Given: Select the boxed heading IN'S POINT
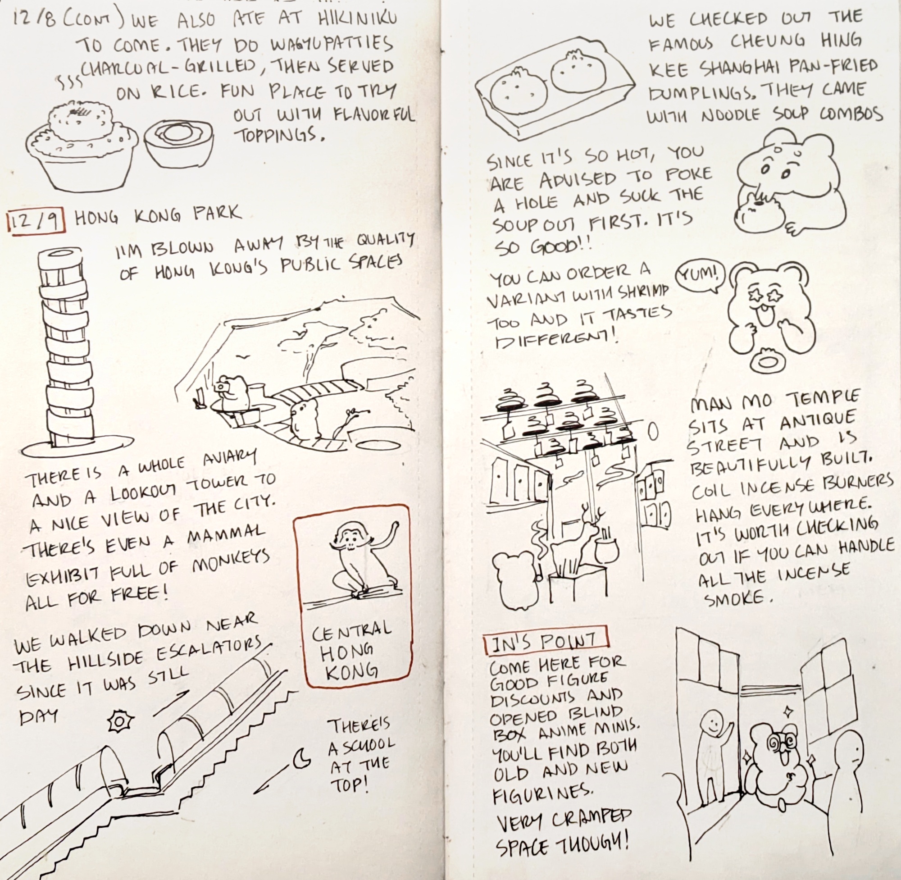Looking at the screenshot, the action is click(x=546, y=642).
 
